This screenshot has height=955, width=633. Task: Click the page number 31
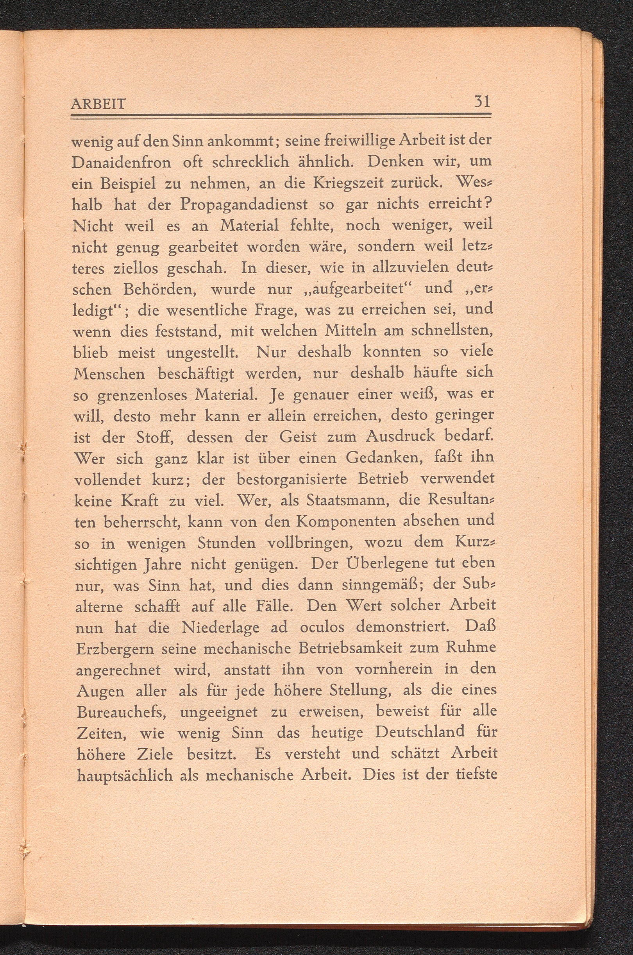click(482, 101)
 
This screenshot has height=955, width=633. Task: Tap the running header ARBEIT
click(98, 104)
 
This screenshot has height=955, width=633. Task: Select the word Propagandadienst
click(244, 204)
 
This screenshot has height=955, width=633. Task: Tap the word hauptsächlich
click(125, 776)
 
